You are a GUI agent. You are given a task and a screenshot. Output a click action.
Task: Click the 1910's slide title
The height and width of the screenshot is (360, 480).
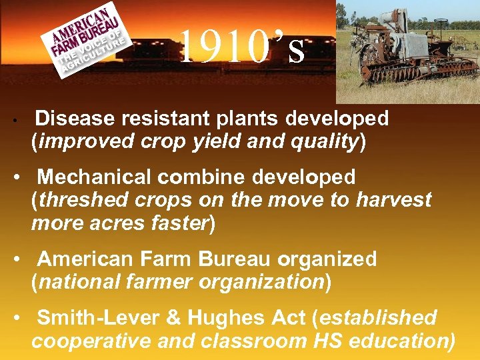(x=243, y=48)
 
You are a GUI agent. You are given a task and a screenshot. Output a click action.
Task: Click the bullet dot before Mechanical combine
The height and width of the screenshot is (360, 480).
(x=22, y=177)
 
